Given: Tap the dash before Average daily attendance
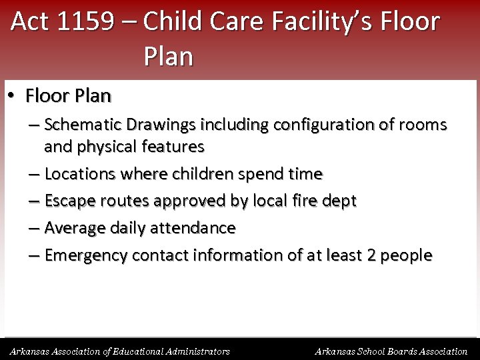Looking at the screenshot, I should coord(33,228).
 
